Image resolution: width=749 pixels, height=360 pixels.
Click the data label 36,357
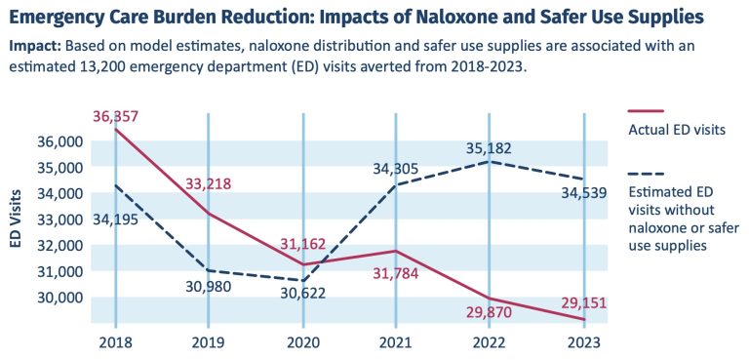click(115, 117)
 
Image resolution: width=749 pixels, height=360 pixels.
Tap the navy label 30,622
click(303, 292)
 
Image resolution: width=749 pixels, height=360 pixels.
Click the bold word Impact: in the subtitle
click(37, 46)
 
